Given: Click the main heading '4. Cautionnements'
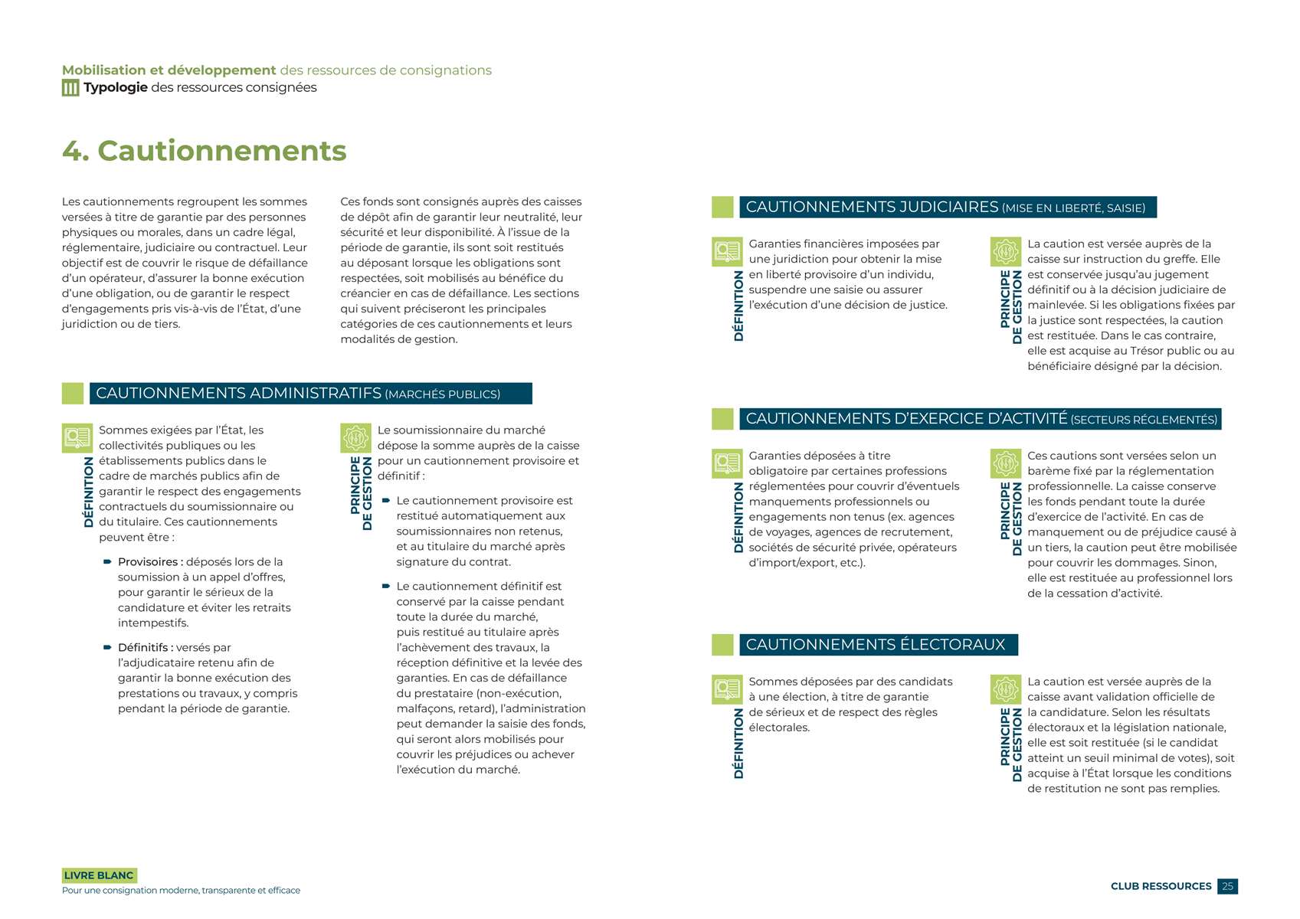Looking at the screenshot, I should pyautogui.click(x=204, y=151).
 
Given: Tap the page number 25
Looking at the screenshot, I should pyautogui.click(x=1227, y=886).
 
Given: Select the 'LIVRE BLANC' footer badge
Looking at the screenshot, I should pyautogui.click(x=99, y=875).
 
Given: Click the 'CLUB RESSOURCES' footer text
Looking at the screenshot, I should pyautogui.click(x=1161, y=886).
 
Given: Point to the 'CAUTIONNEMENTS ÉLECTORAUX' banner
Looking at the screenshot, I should pyautogui.click(x=878, y=645).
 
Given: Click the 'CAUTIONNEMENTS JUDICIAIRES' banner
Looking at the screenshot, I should pyautogui.click(x=947, y=208).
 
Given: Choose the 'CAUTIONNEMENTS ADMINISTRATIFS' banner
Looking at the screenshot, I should pyautogui.click(x=310, y=394).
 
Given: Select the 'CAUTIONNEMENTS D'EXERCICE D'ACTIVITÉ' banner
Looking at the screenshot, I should pyautogui.click(x=980, y=419).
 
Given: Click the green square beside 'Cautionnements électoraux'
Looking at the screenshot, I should pyautogui.click(x=722, y=645).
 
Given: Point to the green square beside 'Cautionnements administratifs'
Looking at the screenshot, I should pyautogui.click(x=73, y=394).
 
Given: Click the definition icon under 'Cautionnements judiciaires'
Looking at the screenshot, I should pyautogui.click(x=727, y=251).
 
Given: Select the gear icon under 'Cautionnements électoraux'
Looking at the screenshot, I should pyautogui.click(x=1005, y=689).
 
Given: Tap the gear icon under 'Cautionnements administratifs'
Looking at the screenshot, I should pyautogui.click(x=355, y=438).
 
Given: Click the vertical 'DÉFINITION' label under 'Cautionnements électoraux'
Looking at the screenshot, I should pyautogui.click(x=738, y=743).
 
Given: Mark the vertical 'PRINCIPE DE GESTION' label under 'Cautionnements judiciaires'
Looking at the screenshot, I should pyautogui.click(x=1011, y=306).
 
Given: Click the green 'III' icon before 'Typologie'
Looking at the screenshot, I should pyautogui.click(x=70, y=88).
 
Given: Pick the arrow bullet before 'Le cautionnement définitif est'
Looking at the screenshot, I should pyautogui.click(x=386, y=587).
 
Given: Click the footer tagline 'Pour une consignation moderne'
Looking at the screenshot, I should pyautogui.click(x=181, y=891).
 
